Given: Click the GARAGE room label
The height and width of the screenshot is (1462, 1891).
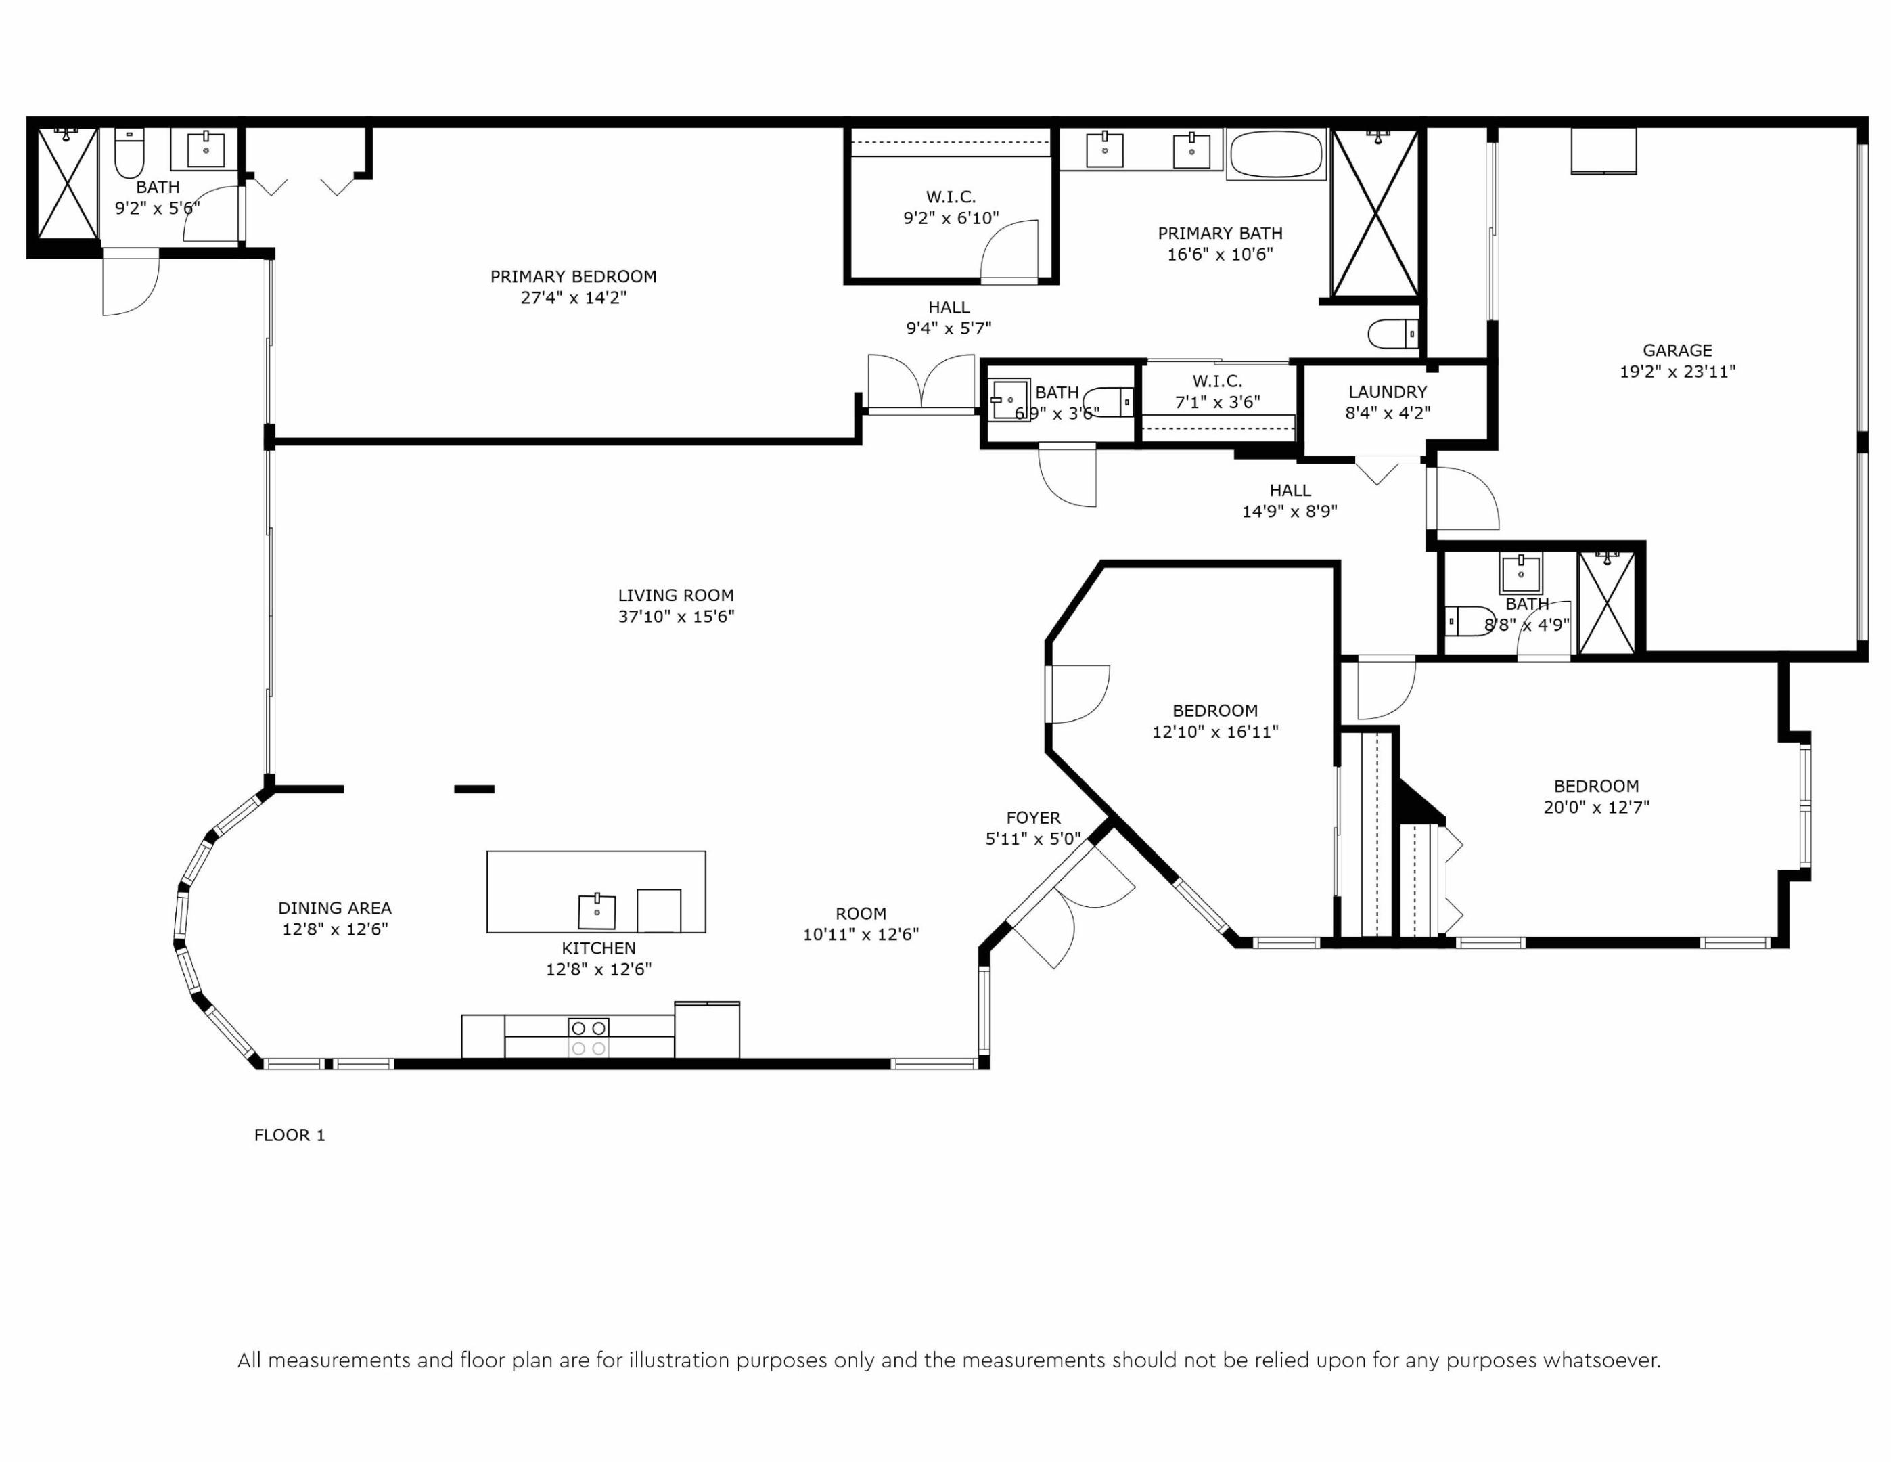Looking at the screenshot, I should tap(1677, 351).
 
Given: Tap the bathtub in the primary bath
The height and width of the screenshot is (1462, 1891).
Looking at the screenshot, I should tap(1275, 155).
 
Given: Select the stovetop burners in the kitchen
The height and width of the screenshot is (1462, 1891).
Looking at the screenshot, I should tap(588, 1038).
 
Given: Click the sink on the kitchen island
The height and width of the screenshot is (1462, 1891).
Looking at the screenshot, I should tap(597, 911).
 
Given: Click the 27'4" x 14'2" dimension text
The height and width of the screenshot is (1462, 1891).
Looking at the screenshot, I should tap(573, 298).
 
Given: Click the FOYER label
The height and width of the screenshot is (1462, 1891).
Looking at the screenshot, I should tap(1033, 818).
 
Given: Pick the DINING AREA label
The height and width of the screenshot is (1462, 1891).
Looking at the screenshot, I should tap(334, 908).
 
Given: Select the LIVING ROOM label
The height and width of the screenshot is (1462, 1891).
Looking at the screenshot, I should tap(675, 595).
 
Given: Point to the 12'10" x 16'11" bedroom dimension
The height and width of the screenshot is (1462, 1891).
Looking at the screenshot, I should tap(1215, 732).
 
